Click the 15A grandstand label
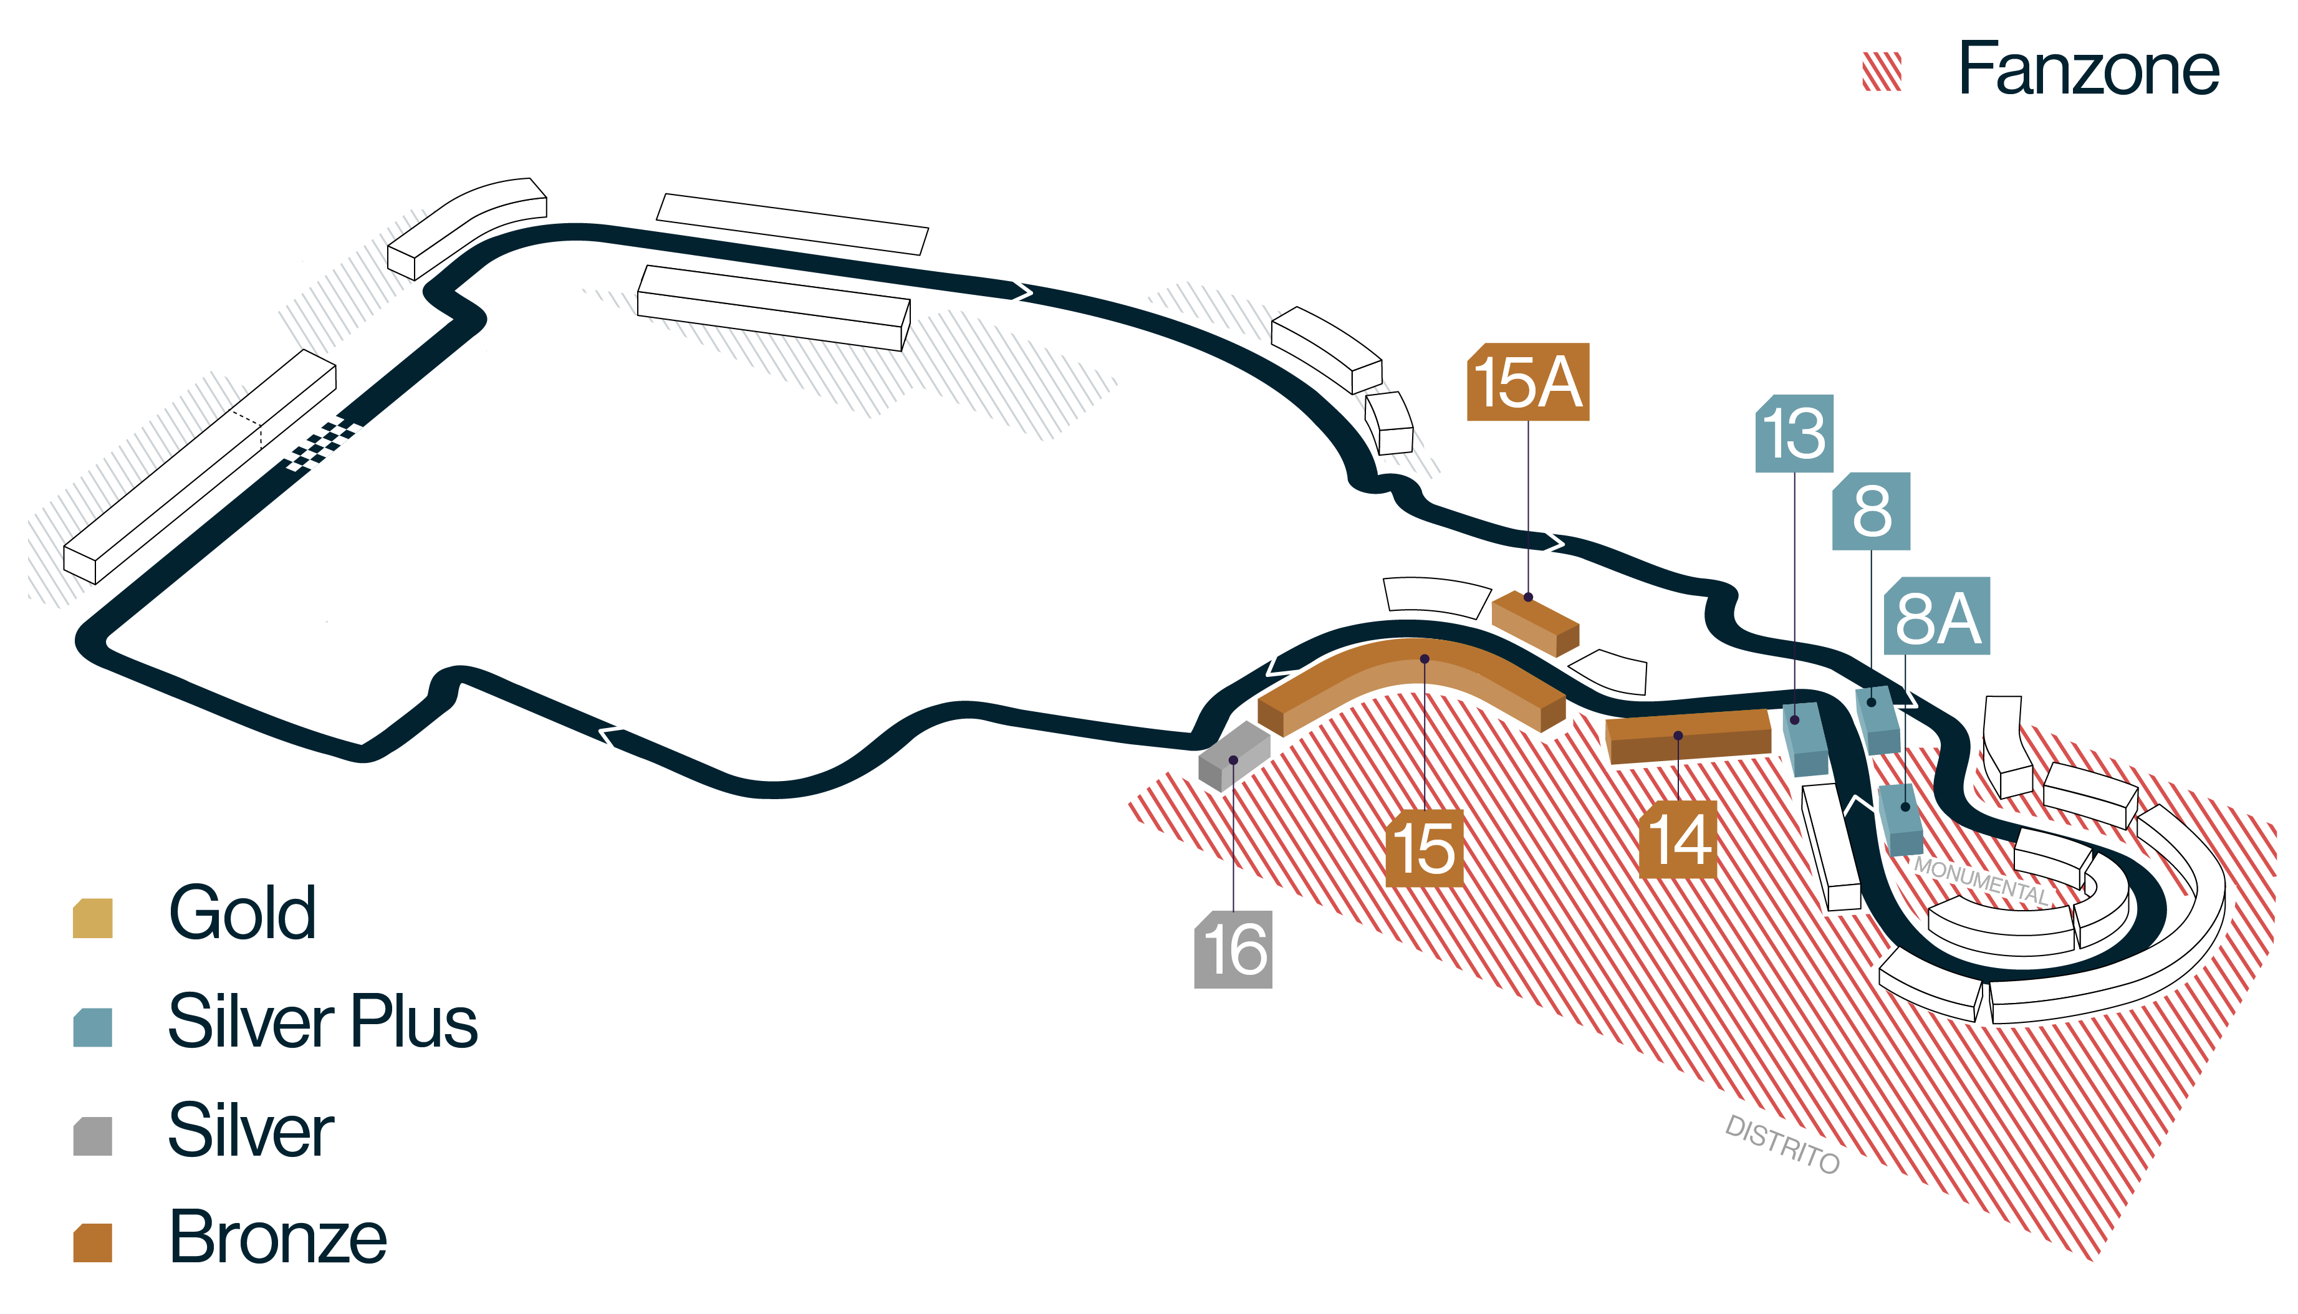(1527, 381)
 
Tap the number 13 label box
(1794, 433)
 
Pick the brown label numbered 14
(1677, 839)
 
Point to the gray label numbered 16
(1233, 949)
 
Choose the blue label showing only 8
(1871, 511)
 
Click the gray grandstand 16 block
(1233, 756)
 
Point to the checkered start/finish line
(321, 445)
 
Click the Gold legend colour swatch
(92, 918)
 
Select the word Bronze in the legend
(278, 1237)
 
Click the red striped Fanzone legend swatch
(1882, 71)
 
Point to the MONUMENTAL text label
(1981, 881)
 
